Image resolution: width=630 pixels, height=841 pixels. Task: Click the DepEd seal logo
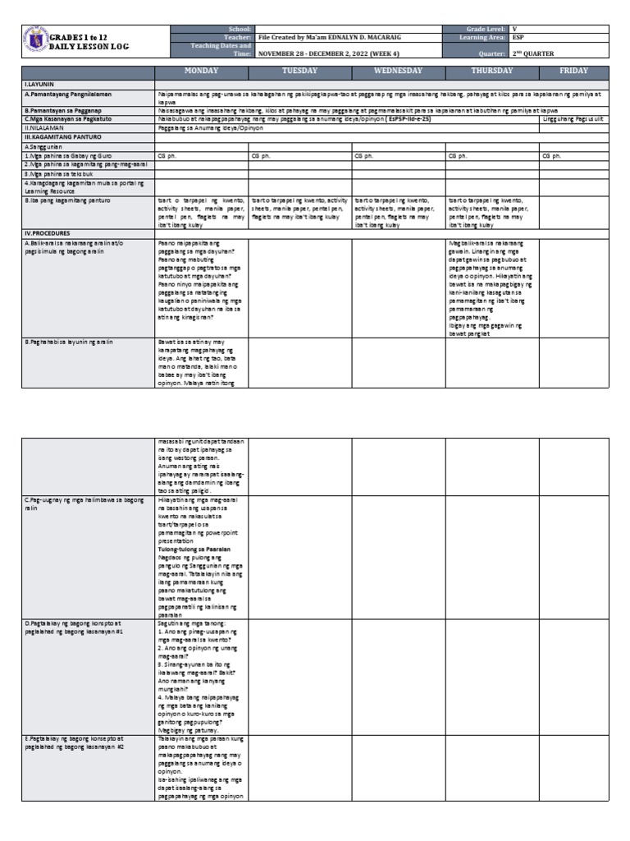(x=35, y=41)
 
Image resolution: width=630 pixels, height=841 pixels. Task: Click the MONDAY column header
(x=201, y=71)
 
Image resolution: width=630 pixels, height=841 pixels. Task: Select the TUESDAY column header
(x=299, y=71)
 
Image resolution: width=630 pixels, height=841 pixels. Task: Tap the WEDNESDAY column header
(x=398, y=71)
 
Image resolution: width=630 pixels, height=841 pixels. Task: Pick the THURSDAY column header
(x=491, y=71)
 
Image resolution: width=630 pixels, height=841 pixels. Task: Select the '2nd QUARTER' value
(x=542, y=53)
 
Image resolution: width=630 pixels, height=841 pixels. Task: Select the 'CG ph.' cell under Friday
(x=551, y=155)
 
